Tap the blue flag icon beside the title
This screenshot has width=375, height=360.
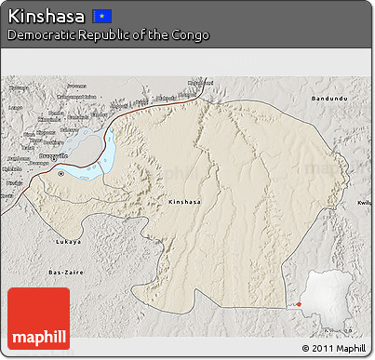pos(103,17)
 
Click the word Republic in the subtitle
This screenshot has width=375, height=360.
pos(103,35)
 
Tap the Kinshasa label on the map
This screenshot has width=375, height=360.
pos(183,201)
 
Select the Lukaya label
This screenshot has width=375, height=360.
pos(68,241)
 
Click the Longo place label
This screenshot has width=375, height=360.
pos(15,107)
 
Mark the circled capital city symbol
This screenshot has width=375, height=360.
pos(61,173)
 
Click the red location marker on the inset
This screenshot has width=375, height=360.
pos(300,303)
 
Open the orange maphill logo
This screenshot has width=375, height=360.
pos(38,318)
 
